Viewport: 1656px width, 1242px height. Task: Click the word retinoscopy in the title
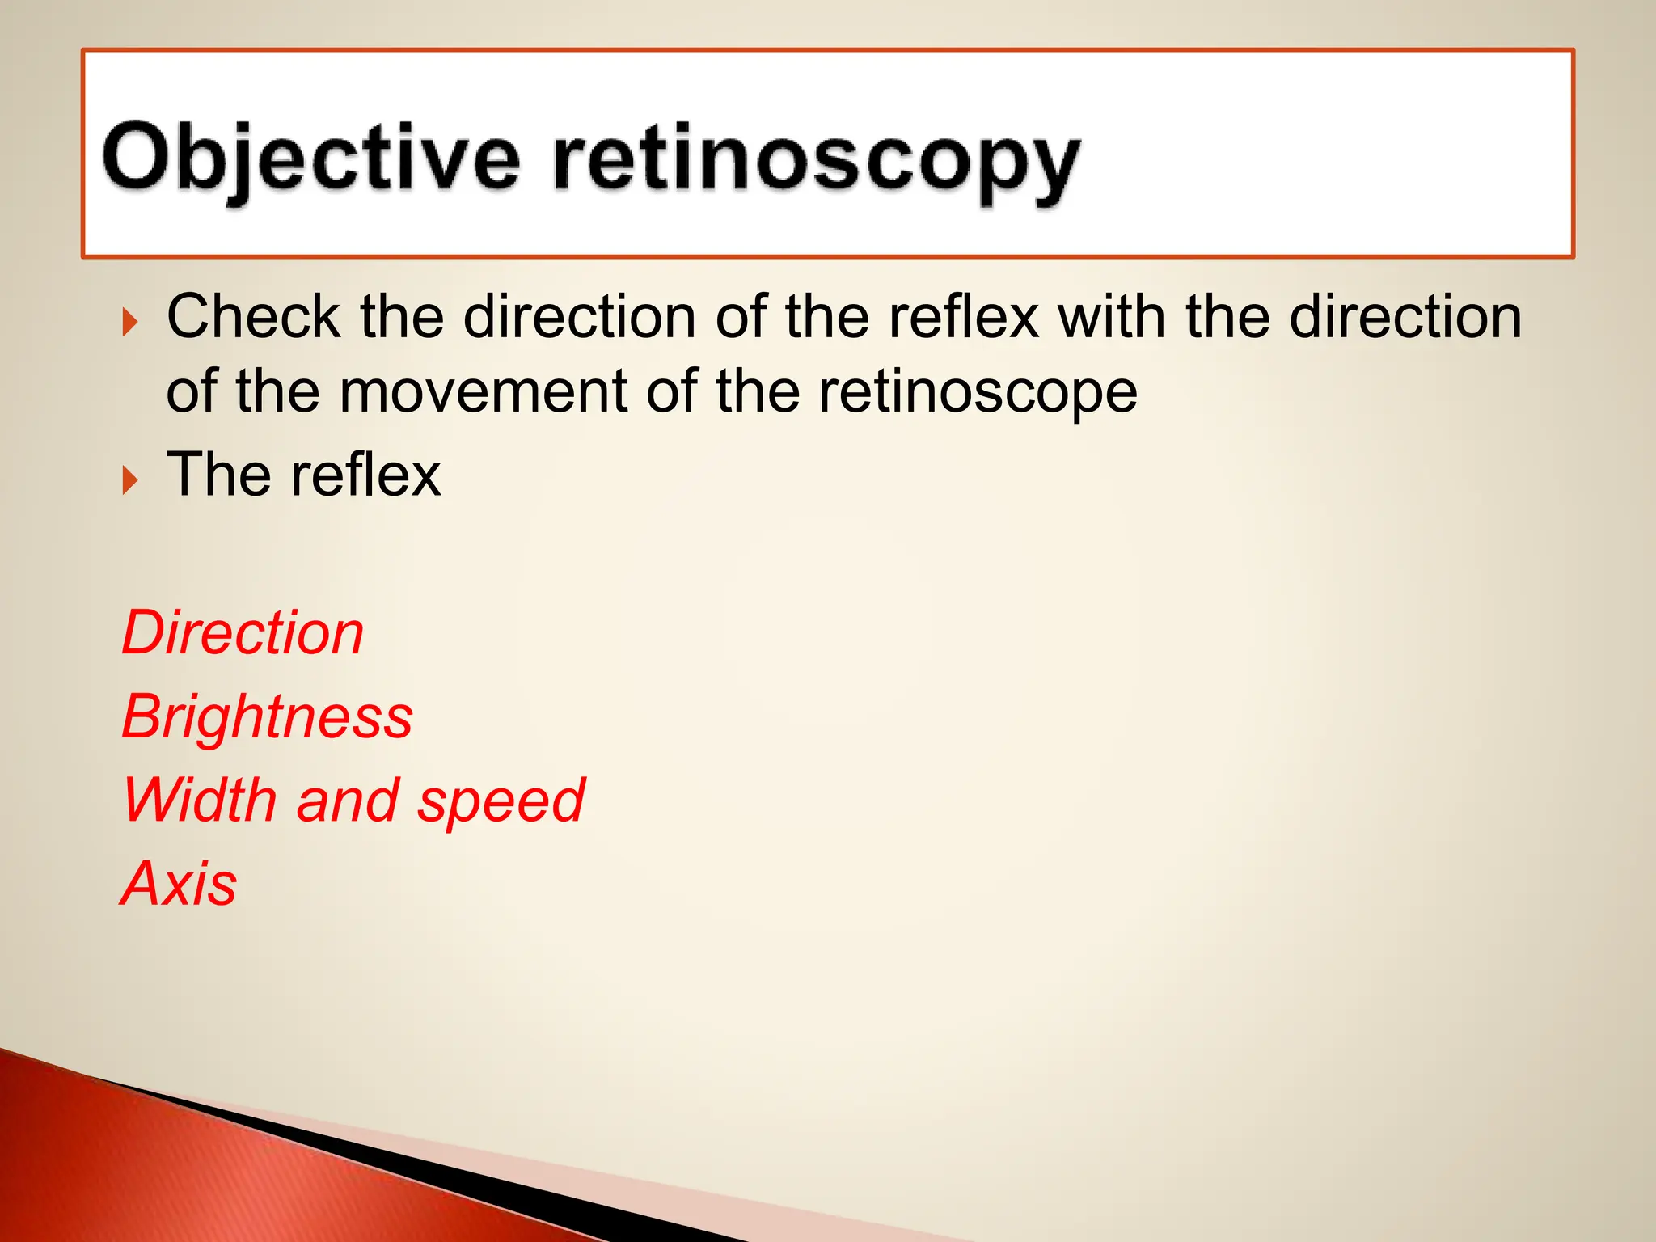coord(817,162)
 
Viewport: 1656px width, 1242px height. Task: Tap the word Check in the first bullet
coord(253,316)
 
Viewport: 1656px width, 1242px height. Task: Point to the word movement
coord(483,392)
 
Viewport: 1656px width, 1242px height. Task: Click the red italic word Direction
coord(243,633)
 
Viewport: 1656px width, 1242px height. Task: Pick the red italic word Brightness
coord(267,717)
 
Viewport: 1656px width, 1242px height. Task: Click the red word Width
coord(199,800)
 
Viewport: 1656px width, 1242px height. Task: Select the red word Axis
coord(179,883)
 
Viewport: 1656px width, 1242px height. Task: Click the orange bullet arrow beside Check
coord(129,323)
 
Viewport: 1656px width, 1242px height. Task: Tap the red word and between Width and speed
coord(347,800)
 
